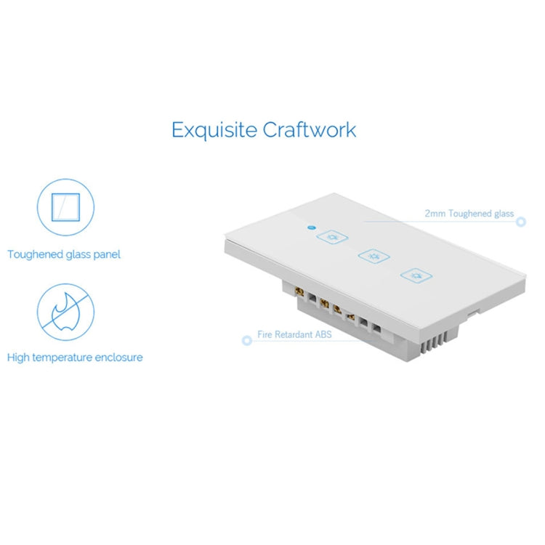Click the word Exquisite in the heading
pyautogui.click(x=214, y=130)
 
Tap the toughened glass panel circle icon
pyautogui.click(x=65, y=206)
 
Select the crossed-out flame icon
pyautogui.click(x=65, y=309)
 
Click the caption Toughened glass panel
pyautogui.click(x=64, y=254)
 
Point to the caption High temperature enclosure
pyautogui.click(x=75, y=358)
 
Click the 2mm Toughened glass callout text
pyautogui.click(x=469, y=214)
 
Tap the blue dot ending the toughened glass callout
pyautogui.click(x=521, y=221)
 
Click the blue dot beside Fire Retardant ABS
pyautogui.click(x=246, y=340)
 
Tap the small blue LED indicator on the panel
pyautogui.click(x=310, y=227)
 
